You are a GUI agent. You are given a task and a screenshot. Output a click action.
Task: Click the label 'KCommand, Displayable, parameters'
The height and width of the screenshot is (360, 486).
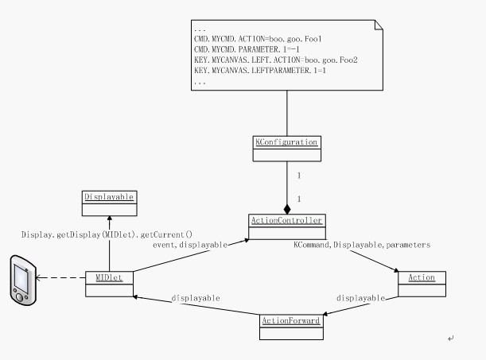pyautogui.click(x=362, y=246)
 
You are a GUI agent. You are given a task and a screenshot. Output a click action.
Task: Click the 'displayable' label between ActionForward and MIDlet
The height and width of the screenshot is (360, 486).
pyautogui.click(x=195, y=299)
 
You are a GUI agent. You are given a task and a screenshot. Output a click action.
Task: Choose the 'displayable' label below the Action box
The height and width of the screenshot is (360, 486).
pyautogui.click(x=360, y=299)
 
